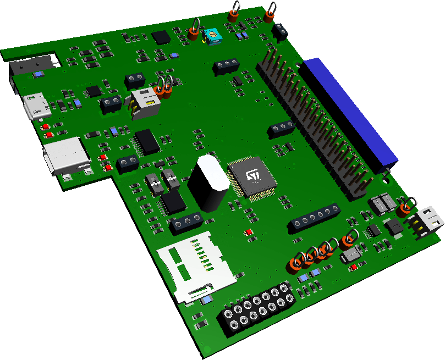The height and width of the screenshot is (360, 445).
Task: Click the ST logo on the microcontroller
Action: pyautogui.click(x=252, y=175)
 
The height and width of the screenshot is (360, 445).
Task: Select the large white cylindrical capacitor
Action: pyautogui.click(x=207, y=182)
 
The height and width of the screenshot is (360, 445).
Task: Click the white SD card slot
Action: pyautogui.click(x=196, y=267)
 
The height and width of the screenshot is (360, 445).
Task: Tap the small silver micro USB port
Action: pyautogui.click(x=36, y=106)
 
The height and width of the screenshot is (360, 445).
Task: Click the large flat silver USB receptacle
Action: pyautogui.click(x=67, y=156)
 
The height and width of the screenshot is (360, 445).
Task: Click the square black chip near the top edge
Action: pyautogui.click(x=161, y=37)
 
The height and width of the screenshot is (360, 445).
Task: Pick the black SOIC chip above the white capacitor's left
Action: pyautogui.click(x=147, y=141)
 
